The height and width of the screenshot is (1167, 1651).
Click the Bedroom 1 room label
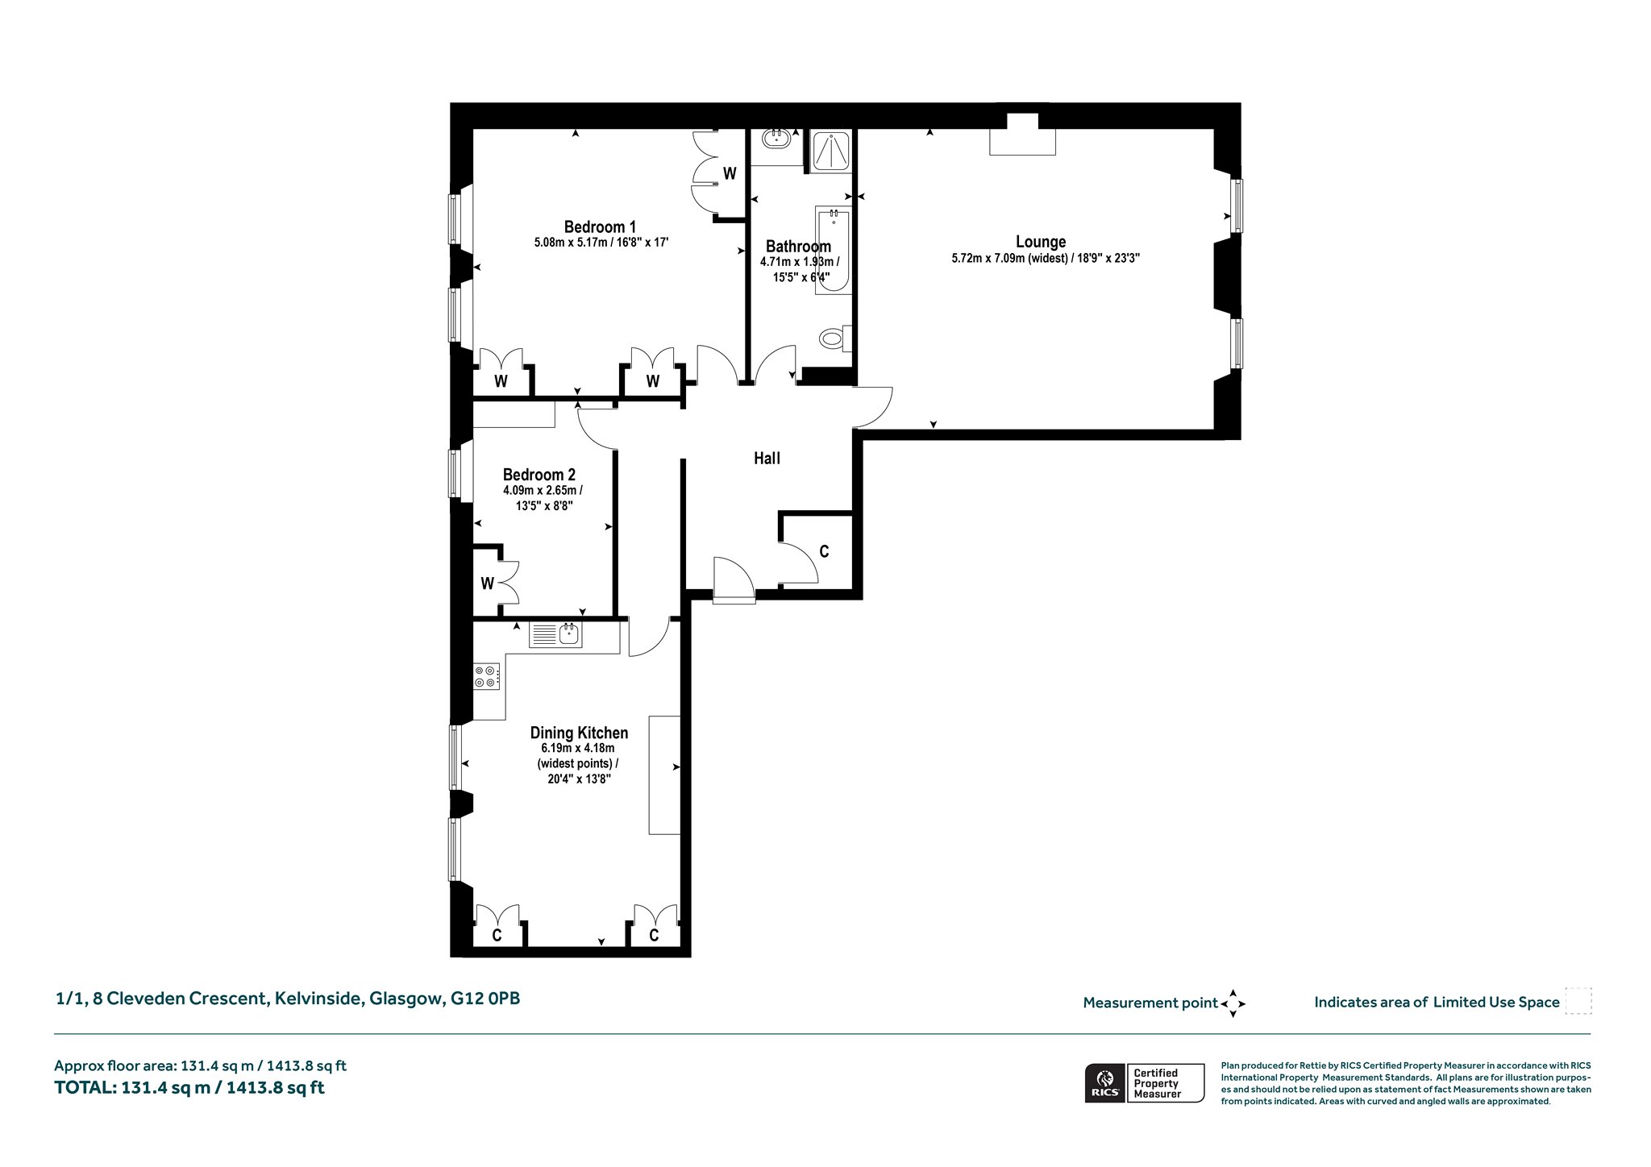pyautogui.click(x=600, y=227)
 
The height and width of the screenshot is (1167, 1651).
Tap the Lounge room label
pyautogui.click(x=1041, y=242)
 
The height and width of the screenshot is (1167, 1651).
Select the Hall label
pyautogui.click(x=767, y=459)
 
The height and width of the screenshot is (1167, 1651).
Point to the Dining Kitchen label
pyautogui.click(x=579, y=733)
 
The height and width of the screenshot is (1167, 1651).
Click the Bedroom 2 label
pyautogui.click(x=539, y=475)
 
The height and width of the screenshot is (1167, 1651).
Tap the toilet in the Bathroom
pyautogui.click(x=835, y=337)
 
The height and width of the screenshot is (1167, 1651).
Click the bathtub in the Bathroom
pyautogui.click(x=834, y=251)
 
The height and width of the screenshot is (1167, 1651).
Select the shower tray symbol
pyautogui.click(x=830, y=151)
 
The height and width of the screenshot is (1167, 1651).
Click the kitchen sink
pyautogui.click(x=555, y=635)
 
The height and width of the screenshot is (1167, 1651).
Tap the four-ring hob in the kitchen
pyautogui.click(x=486, y=676)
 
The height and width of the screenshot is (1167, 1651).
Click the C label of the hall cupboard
pyautogui.click(x=824, y=552)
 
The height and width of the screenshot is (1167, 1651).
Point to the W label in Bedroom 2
pyautogui.click(x=487, y=583)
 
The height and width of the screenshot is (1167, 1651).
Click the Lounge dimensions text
pyautogui.click(x=1046, y=260)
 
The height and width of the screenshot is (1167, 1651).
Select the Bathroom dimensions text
pyautogui.click(x=799, y=269)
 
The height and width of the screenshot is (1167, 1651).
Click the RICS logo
pyautogui.click(x=1104, y=1082)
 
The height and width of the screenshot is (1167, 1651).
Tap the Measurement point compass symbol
pyautogui.click(x=1233, y=1003)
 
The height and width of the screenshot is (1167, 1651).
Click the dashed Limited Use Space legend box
pyautogui.click(x=1578, y=1001)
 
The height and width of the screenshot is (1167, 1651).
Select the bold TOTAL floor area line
pyautogui.click(x=189, y=1087)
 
